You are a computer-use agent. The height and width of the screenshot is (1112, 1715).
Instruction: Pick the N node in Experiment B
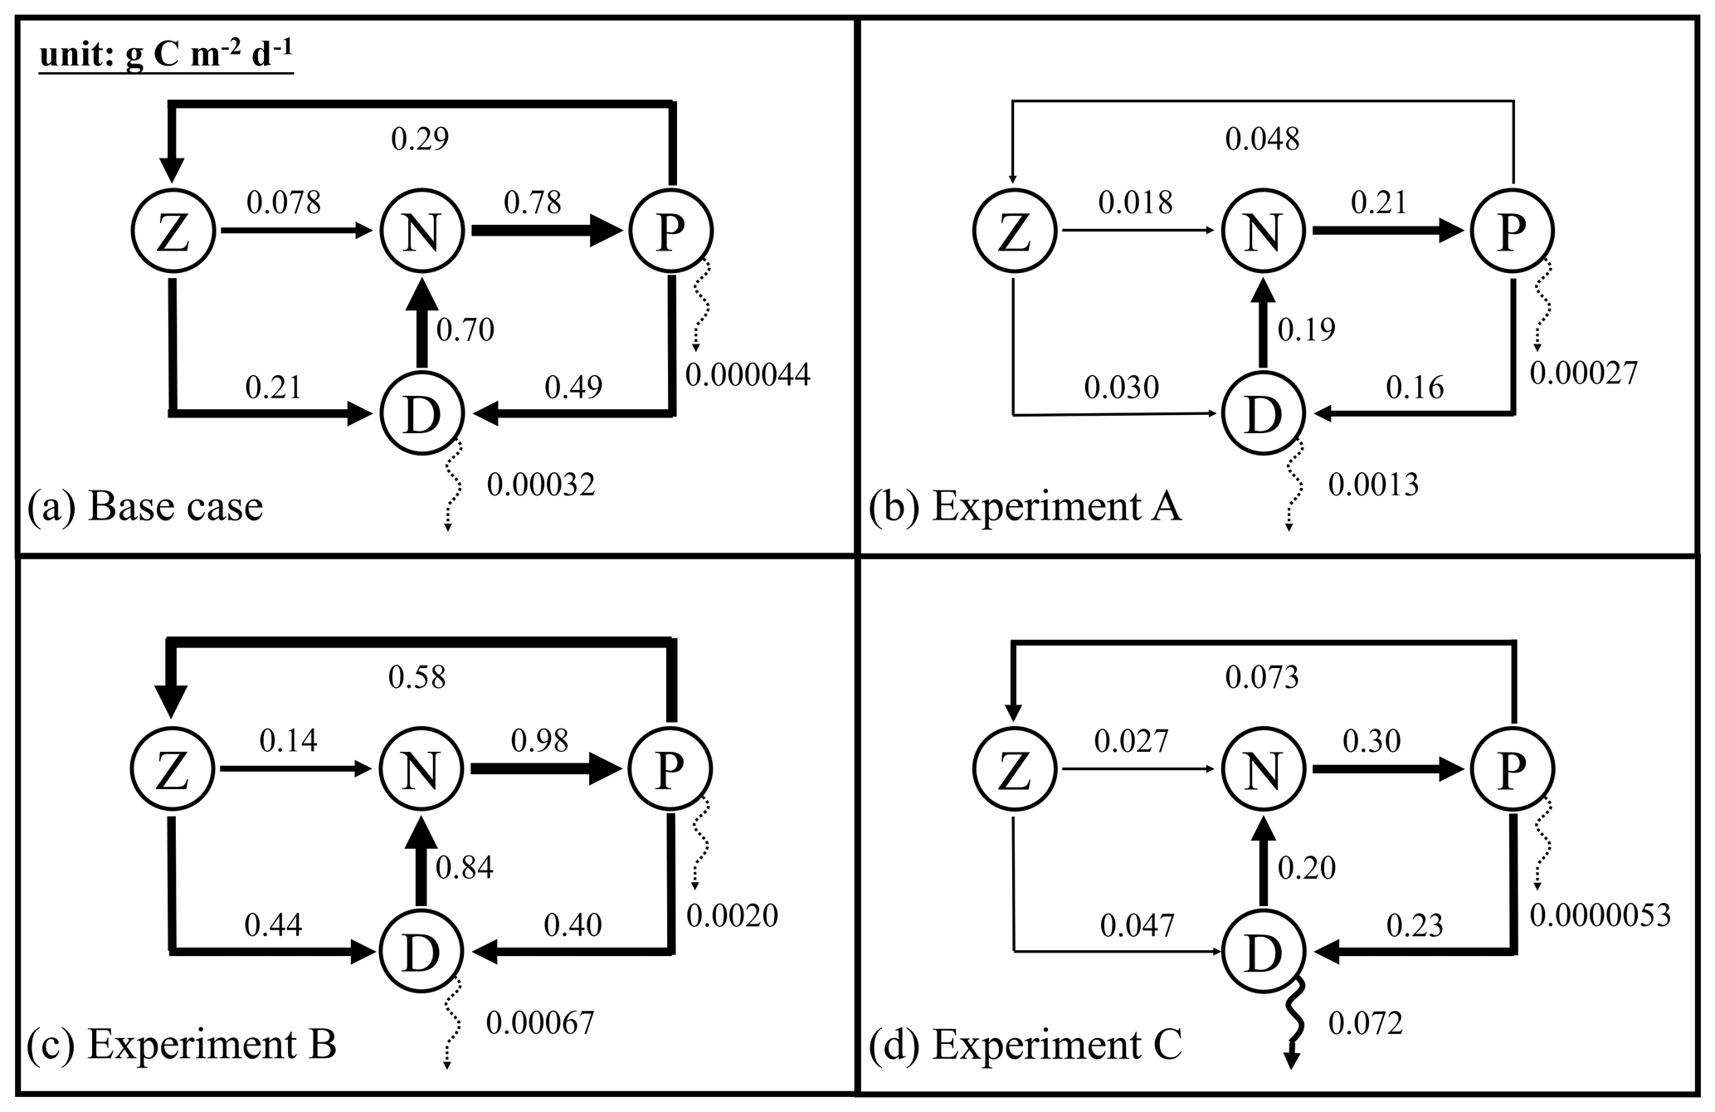(421, 769)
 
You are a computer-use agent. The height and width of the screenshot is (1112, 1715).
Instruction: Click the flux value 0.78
(533, 202)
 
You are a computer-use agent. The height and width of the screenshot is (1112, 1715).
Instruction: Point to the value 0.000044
(748, 375)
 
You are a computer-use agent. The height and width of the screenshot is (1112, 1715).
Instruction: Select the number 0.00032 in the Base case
(541, 485)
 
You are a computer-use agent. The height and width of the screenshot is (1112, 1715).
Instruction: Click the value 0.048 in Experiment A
(1262, 139)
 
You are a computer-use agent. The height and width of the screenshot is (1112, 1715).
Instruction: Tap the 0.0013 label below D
(1373, 485)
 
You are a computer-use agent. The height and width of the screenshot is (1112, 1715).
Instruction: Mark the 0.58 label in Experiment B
(417, 677)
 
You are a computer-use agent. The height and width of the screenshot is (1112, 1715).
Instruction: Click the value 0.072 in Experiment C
(1365, 1023)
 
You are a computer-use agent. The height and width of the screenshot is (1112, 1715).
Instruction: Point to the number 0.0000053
(1600, 915)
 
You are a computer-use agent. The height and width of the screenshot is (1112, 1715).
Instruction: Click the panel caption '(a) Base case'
(145, 506)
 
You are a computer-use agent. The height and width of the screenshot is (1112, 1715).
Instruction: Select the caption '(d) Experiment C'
(1025, 1045)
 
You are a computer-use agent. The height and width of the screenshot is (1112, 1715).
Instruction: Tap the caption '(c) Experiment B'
(182, 1045)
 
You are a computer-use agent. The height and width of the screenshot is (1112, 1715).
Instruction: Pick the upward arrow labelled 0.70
(421, 324)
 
